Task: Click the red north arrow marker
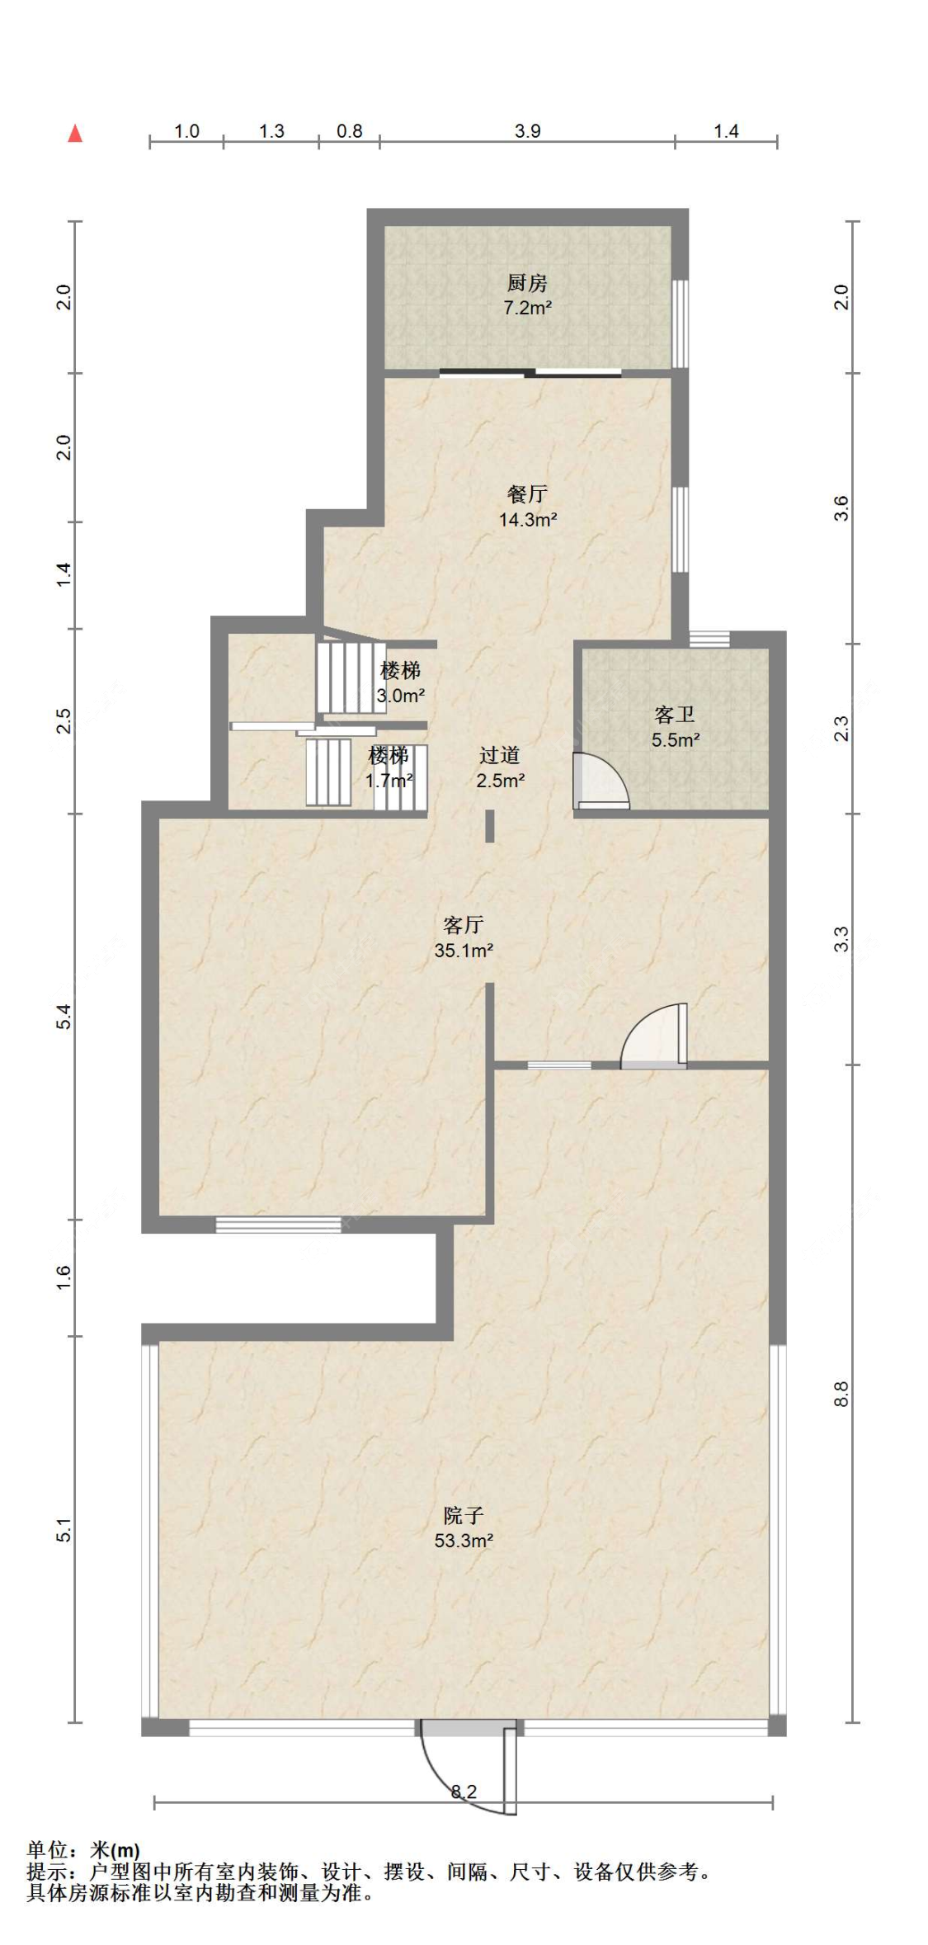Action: click(x=75, y=133)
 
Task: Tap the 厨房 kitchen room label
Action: click(x=527, y=284)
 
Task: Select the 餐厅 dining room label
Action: click(x=527, y=494)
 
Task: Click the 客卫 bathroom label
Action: click(x=675, y=715)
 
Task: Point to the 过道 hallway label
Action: click(x=500, y=755)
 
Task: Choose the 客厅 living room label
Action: click(x=464, y=925)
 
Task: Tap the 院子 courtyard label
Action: click(x=464, y=1515)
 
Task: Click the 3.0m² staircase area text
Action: click(x=401, y=696)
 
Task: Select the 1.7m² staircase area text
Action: click(x=389, y=780)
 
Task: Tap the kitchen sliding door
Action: click(x=530, y=373)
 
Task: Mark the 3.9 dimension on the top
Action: click(x=528, y=131)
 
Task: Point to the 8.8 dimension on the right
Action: click(x=841, y=1394)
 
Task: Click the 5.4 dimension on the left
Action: click(x=64, y=1016)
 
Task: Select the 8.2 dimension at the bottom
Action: click(x=464, y=1792)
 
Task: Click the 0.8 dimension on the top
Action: click(x=350, y=131)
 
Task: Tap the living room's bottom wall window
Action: click(x=278, y=1225)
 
